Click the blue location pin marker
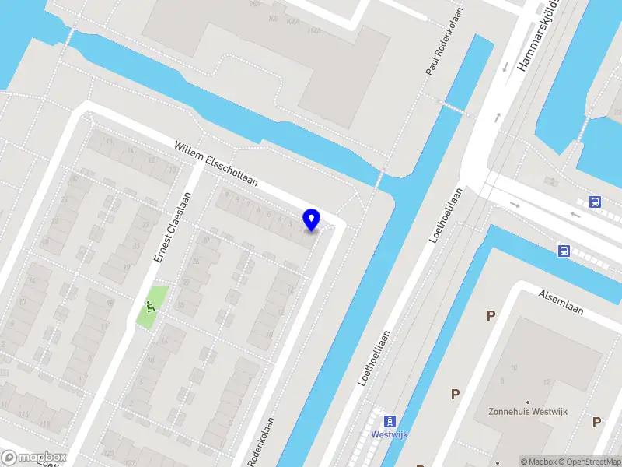[312, 219]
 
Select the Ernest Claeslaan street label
[172, 227]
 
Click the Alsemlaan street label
[561, 301]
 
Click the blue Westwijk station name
[389, 434]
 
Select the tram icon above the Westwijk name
[390, 418]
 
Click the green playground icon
[149, 307]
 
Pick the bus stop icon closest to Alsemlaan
[564, 251]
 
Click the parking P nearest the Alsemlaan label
[491, 315]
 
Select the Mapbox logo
[34, 458]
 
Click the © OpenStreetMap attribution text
[589, 462]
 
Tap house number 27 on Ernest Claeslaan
[145, 225]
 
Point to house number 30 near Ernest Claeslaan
[206, 240]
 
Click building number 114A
[315, 31]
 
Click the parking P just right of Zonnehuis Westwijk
[596, 422]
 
